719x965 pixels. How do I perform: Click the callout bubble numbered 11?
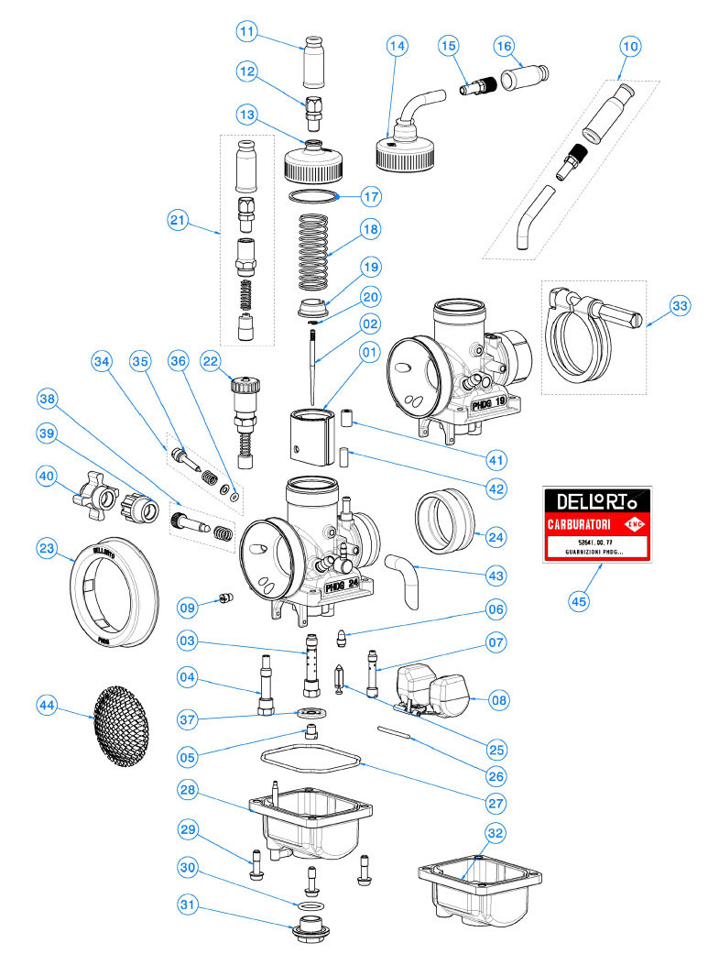click(x=245, y=31)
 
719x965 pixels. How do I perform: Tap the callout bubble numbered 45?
click(x=579, y=601)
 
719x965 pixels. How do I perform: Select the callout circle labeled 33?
click(x=680, y=305)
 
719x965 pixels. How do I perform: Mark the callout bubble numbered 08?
click(x=496, y=699)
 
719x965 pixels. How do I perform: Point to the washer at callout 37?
click(x=309, y=714)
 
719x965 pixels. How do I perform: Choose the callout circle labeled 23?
click(x=49, y=549)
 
